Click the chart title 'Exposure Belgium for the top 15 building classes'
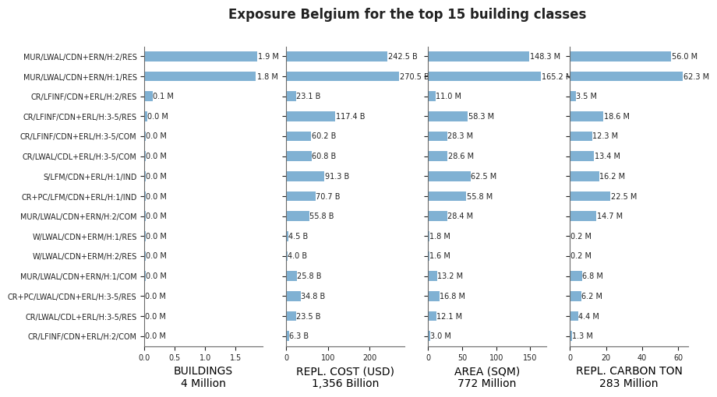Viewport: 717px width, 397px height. click(407, 14)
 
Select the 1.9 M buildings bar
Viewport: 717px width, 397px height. click(201, 56)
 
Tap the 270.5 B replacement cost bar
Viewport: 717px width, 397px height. click(342, 76)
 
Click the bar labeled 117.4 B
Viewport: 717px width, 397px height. click(311, 116)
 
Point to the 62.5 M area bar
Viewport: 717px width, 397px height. click(450, 176)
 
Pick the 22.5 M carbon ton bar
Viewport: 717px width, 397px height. click(590, 196)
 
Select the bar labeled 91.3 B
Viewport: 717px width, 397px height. click(306, 176)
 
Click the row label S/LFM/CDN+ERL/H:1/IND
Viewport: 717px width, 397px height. click(90, 177)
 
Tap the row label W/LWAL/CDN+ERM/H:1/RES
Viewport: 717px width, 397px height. click(85, 237)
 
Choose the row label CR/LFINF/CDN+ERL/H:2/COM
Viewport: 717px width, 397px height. click(83, 336)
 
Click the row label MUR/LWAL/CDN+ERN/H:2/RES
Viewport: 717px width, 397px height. click(80, 57)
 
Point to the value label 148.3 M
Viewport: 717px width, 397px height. click(545, 56)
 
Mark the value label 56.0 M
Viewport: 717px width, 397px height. click(684, 56)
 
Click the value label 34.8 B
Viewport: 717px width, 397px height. click(313, 296)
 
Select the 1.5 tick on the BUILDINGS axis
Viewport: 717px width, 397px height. click(235, 358)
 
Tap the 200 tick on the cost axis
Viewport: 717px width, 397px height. click(370, 358)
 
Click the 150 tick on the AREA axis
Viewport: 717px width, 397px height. click(530, 358)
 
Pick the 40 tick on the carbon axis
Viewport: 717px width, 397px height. click(642, 358)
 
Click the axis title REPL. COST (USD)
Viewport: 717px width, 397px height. click(345, 371)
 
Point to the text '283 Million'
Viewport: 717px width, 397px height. click(629, 383)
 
